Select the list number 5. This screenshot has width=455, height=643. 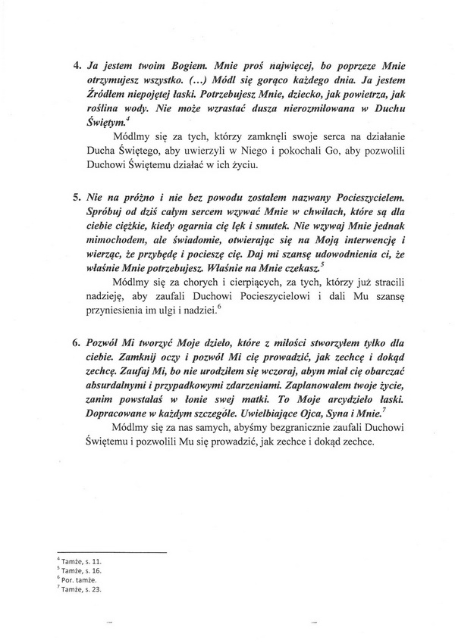[77, 196]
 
